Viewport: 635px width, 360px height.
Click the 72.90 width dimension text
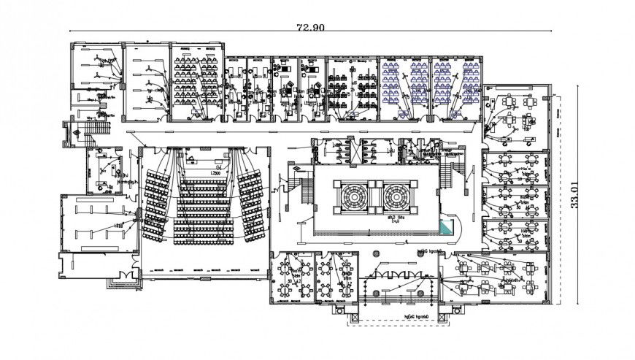point(309,28)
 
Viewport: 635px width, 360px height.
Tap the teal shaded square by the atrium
point(447,227)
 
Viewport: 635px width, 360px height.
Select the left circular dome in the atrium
point(352,196)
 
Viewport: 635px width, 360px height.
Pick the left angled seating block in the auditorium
point(156,205)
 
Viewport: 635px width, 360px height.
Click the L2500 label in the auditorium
point(216,172)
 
